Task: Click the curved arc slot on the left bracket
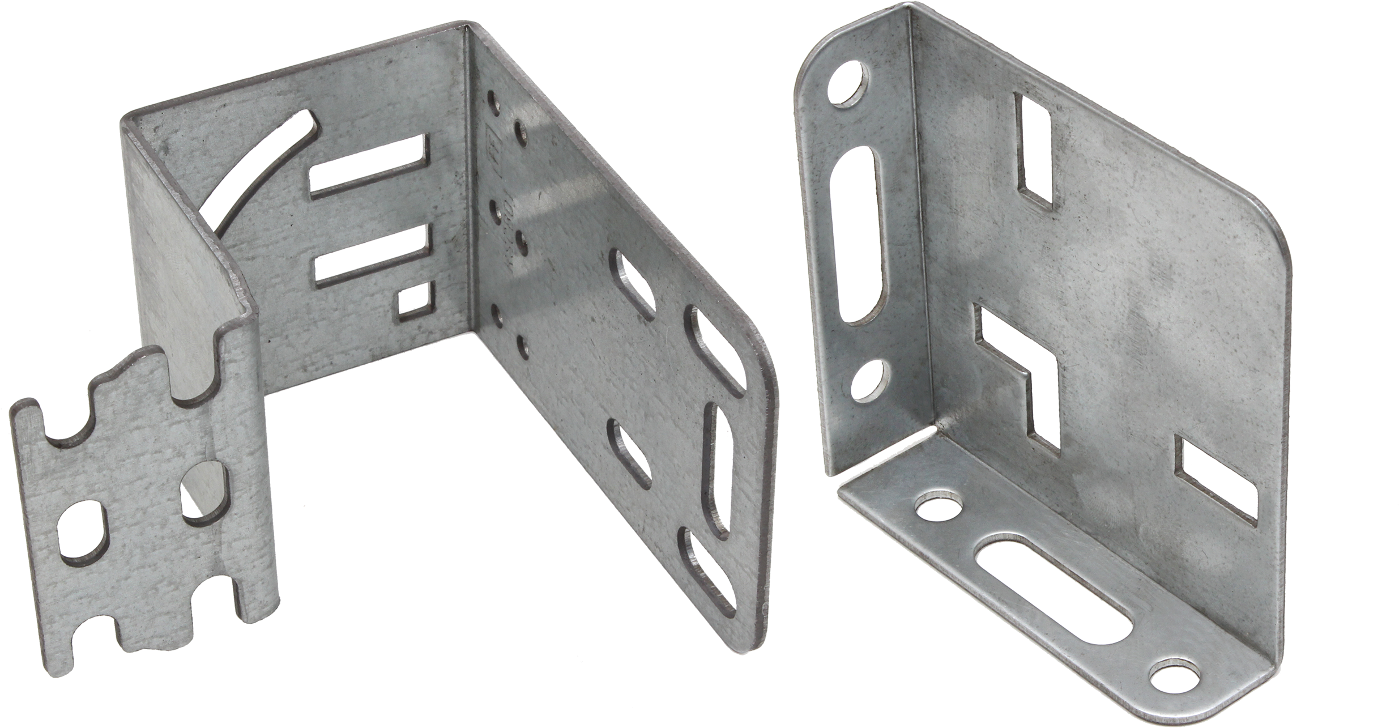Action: [x=258, y=170]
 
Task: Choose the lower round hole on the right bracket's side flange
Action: [x=867, y=380]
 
